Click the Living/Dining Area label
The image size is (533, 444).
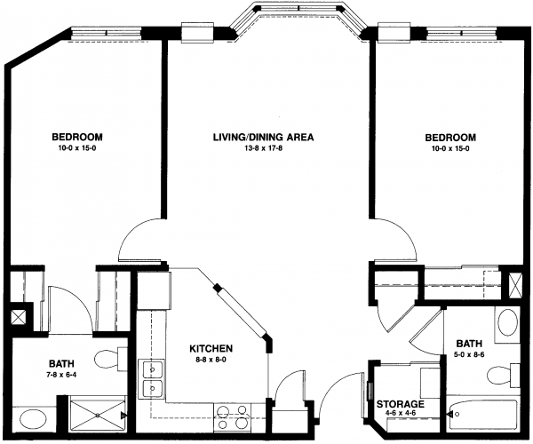pos(263,138)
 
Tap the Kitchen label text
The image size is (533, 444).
pos(211,349)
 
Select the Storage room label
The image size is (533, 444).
pos(401,404)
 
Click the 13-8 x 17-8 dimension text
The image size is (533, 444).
pos(264,148)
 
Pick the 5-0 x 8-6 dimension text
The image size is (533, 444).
pos(469,354)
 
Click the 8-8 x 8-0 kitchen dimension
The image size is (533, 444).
pos(211,360)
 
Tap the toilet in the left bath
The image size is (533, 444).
pos(110,358)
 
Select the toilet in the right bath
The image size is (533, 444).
pos(503,376)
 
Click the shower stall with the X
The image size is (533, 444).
pos(98,415)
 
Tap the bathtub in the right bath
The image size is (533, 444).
pos(483,415)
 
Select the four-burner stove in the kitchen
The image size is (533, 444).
pos(232,417)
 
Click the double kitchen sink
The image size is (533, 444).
pos(152,379)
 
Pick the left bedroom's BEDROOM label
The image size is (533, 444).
pos(77,137)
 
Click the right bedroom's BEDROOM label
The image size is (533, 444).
pos(450,138)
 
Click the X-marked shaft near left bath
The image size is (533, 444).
pos(17,318)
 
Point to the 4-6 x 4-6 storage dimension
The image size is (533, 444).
pos(401,414)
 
